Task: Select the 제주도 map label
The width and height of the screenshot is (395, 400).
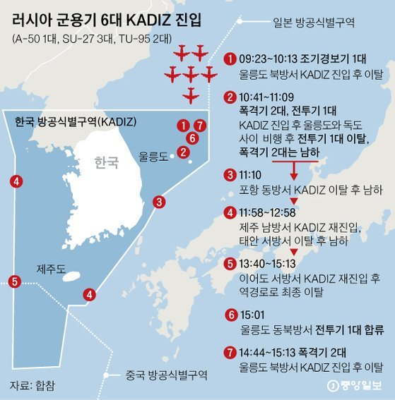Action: tap(52, 269)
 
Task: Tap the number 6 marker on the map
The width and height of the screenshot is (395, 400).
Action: tap(191, 138)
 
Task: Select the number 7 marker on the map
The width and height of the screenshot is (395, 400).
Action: tap(201, 126)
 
